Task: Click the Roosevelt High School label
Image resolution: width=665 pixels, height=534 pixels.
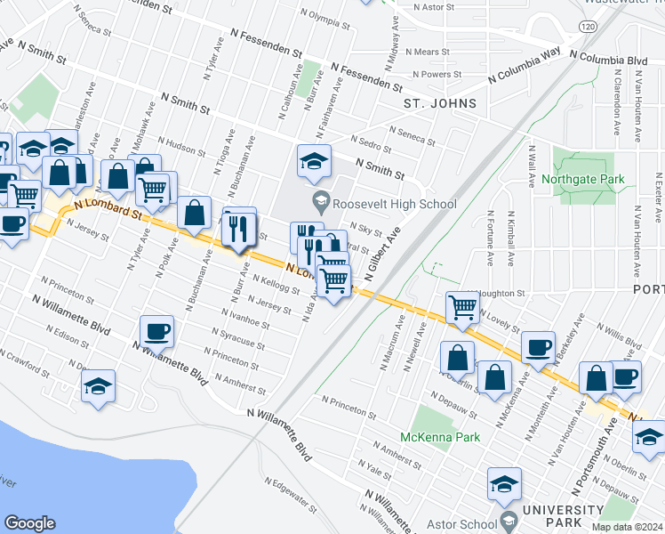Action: click(x=397, y=204)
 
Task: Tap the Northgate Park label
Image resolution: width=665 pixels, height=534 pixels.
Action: click(x=589, y=180)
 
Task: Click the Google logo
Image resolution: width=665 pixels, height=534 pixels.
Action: click(x=29, y=523)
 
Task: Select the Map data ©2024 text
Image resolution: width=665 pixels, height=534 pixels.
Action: click(x=627, y=527)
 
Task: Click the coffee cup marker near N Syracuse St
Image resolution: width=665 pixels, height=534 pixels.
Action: click(x=156, y=332)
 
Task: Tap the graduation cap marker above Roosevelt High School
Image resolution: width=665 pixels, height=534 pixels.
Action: click(x=314, y=161)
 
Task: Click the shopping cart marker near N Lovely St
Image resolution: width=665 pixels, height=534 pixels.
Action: click(x=462, y=308)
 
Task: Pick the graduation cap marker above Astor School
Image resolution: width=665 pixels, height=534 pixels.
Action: click(x=504, y=486)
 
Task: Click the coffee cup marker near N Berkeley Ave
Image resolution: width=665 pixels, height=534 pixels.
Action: click(x=537, y=347)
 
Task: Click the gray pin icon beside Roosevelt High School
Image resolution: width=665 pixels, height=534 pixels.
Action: click(x=319, y=204)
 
